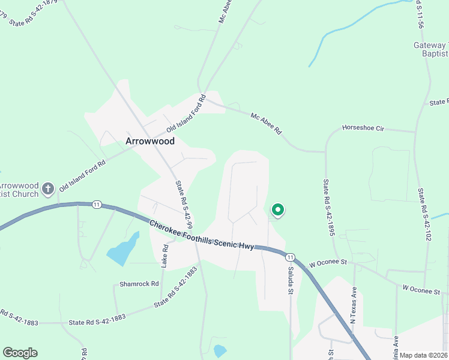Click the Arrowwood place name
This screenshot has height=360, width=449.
coord(149,142)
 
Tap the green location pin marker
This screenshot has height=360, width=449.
coord(278,210)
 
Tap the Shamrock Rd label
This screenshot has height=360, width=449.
coord(139,284)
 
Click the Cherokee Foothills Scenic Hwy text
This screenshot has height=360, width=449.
coord(202,235)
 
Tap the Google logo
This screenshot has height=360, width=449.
coord(20,353)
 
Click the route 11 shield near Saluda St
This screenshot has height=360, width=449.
coord(291,257)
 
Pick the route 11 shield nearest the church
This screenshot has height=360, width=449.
coord(96,205)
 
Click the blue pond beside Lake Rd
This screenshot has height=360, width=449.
coord(123,249)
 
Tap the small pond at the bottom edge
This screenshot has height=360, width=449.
coord(220,350)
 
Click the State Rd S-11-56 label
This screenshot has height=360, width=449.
coord(421,15)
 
